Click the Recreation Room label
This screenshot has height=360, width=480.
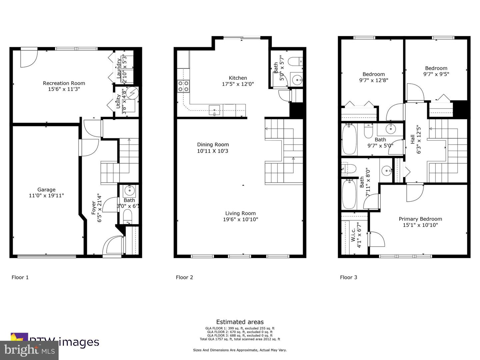tap(64, 83)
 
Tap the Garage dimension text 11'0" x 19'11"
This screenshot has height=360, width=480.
tap(46, 196)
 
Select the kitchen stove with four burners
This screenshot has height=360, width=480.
tap(183, 86)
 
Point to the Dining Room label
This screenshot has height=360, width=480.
tap(213, 145)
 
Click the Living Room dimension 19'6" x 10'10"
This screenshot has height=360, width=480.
tap(240, 219)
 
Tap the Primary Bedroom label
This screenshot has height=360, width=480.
tap(420, 219)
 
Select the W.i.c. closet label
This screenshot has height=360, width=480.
tap(353, 235)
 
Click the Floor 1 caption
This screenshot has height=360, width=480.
tap(20, 277)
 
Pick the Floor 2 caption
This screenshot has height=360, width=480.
tap(184, 277)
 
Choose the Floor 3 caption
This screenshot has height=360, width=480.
tap(348, 277)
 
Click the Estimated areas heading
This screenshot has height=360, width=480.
tap(240, 322)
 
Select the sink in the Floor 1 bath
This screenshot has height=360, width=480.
tap(129, 191)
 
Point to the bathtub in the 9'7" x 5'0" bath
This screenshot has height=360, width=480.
tap(349, 139)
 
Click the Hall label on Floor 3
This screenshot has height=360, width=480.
tap(413, 139)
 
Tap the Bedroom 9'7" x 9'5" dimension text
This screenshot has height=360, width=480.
tap(436, 74)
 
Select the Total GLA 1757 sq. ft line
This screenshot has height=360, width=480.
tap(240, 339)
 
